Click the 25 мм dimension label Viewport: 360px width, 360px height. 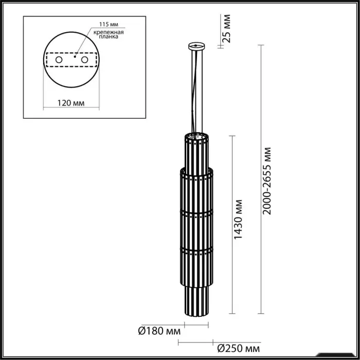pos(227,28)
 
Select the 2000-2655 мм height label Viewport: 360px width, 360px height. pos(267,181)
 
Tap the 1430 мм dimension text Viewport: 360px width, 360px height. pos(238,220)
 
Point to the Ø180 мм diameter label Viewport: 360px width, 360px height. pos(159,331)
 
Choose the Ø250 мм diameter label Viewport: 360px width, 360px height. pos(239,349)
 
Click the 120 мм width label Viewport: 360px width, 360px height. pos(71,103)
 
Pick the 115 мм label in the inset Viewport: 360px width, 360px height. pos(109,24)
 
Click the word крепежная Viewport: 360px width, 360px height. pos(109,32)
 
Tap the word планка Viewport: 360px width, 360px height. pos(109,37)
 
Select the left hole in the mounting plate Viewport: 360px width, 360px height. pos(59,60)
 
